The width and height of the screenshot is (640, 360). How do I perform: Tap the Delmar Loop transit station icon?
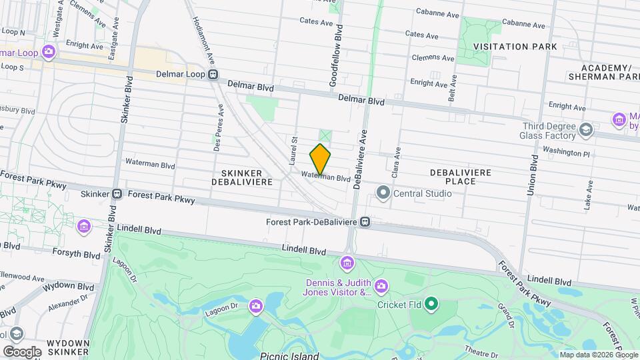coord(213,75)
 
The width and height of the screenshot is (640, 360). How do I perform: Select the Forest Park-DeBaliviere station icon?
coord(365,221)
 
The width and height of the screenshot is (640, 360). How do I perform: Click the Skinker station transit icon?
coord(117,194)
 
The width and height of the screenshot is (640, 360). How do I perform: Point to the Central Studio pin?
coord(383,193)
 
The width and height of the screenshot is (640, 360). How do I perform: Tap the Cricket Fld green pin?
coord(431,305)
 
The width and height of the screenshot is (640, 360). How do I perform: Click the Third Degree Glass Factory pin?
coord(587,129)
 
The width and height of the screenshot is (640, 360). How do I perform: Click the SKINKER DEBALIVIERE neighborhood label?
coord(243,177)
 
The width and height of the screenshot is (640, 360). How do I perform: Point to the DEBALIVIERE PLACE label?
coord(461,177)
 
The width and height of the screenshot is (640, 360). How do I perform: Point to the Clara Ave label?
coord(398,160)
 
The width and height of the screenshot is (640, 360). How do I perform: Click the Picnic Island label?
coord(290,355)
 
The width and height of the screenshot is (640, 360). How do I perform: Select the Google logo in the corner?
coord(22,351)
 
